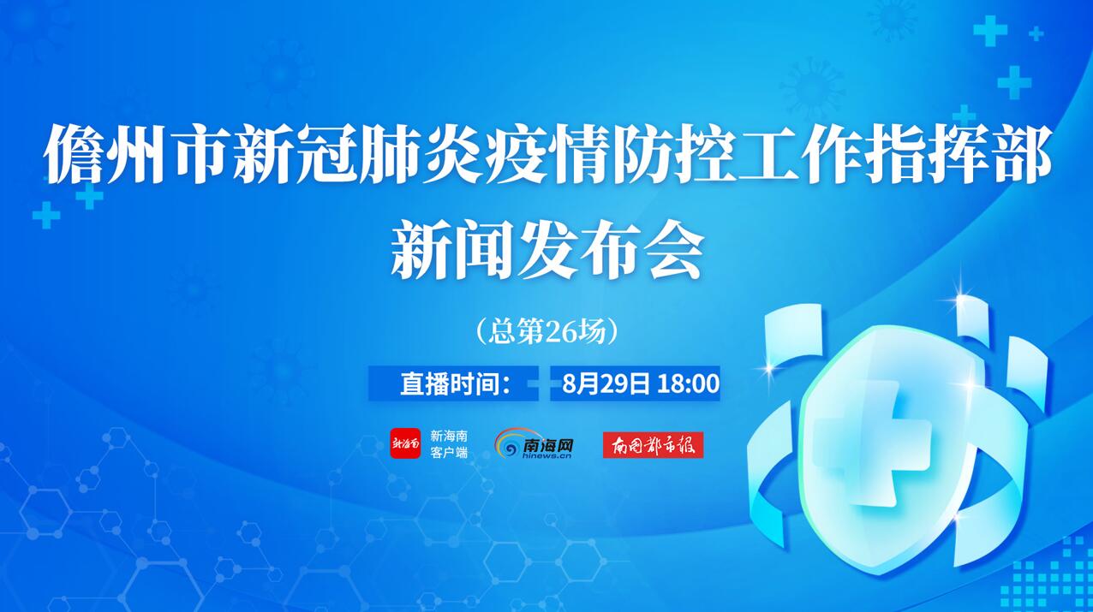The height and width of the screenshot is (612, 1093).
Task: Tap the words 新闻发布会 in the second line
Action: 547,249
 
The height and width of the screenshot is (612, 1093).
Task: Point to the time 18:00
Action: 688,383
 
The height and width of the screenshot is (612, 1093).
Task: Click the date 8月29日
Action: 606,383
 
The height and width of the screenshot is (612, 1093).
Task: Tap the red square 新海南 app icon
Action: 405,443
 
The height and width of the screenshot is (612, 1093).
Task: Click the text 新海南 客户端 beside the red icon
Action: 449,443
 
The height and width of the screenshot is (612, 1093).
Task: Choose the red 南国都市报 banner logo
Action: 653,445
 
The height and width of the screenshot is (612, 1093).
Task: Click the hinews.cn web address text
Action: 546,455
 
